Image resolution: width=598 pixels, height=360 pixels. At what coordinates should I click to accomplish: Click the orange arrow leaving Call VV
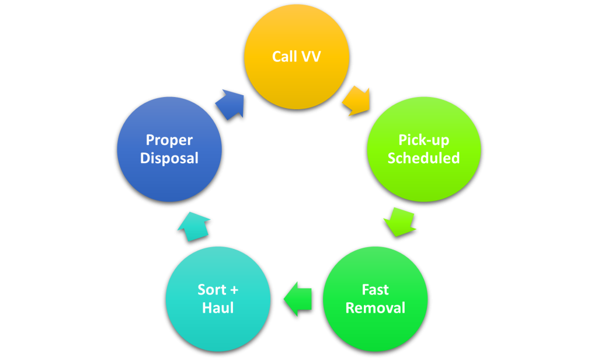pos(356,100)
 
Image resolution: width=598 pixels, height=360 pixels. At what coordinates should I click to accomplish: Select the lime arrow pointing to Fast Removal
pos(399,221)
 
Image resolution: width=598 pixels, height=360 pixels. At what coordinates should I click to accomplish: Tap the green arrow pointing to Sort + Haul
pos(298,298)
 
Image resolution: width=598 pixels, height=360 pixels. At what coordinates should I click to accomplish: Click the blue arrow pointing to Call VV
pos(230,103)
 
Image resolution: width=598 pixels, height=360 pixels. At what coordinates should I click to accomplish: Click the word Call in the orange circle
pos(284,57)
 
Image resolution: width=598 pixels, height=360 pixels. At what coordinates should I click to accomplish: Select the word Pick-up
pos(423,140)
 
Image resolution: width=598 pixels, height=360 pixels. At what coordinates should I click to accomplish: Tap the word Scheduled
pos(423,158)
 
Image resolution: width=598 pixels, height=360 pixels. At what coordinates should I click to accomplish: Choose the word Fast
pos(375,290)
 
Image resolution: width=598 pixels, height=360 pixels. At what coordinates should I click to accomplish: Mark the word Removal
pos(375,308)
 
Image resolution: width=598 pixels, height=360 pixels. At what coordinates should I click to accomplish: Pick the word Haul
pos(218,308)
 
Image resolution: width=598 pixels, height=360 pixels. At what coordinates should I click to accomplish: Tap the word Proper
pos(169,140)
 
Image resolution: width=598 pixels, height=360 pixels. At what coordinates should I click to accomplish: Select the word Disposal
pos(169,158)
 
